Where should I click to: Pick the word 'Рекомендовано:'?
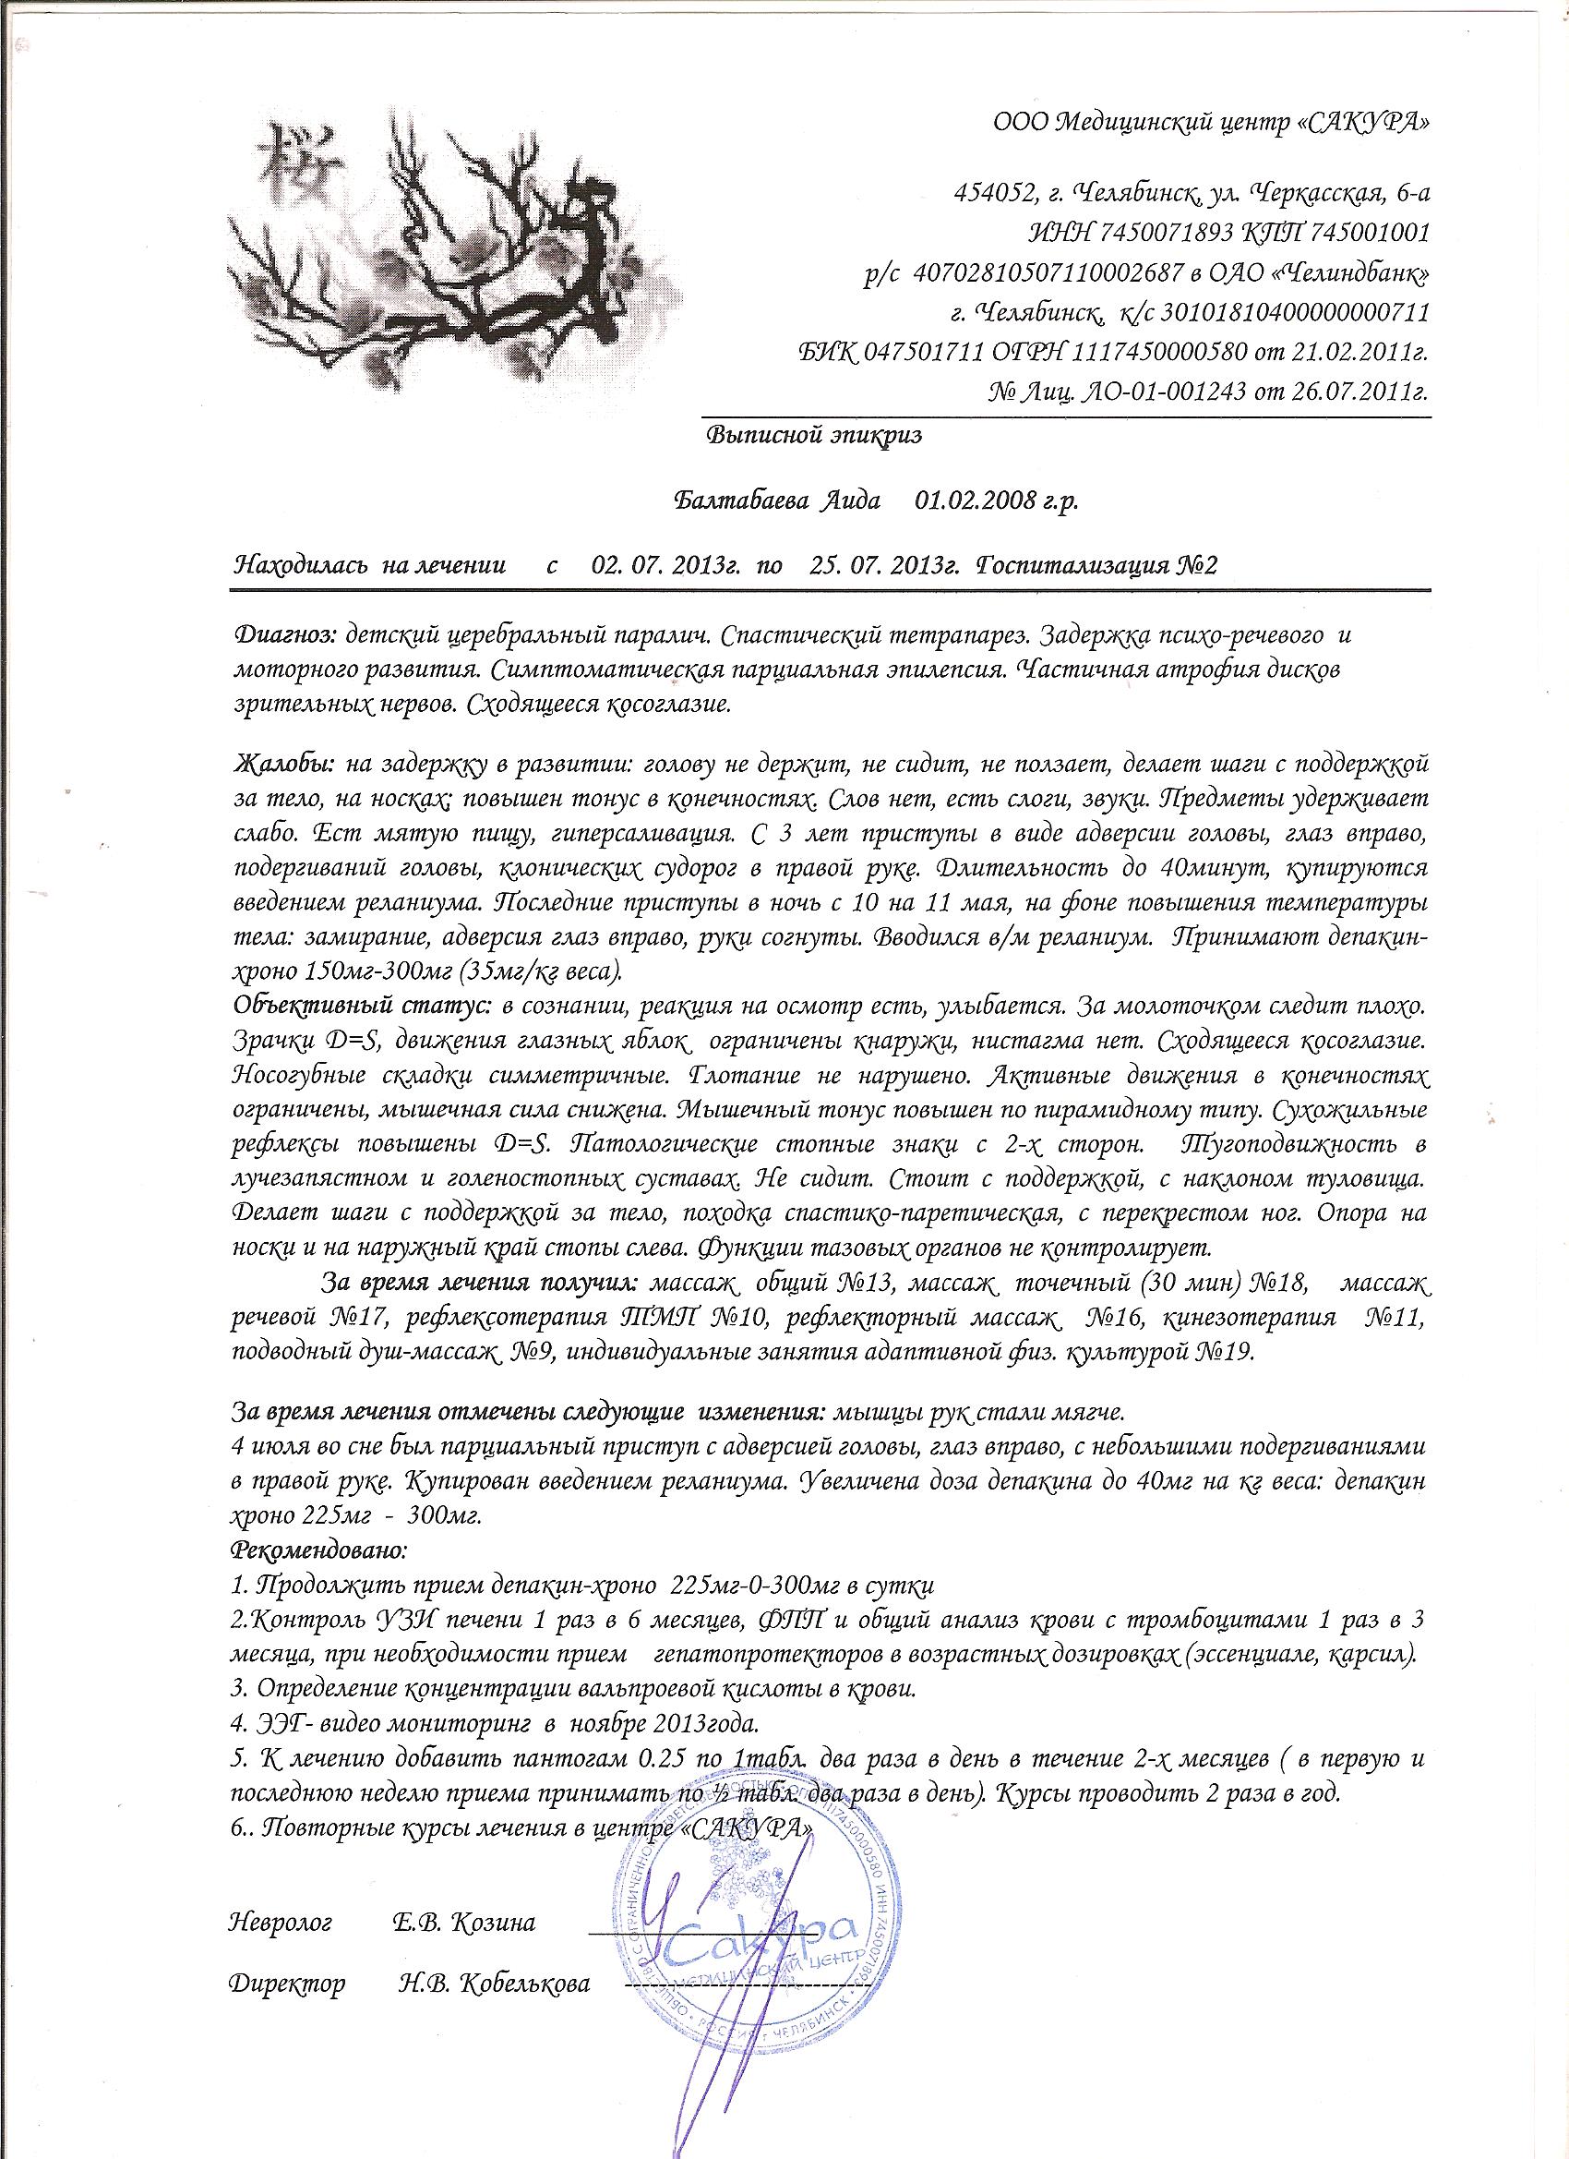tap(318, 1550)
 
